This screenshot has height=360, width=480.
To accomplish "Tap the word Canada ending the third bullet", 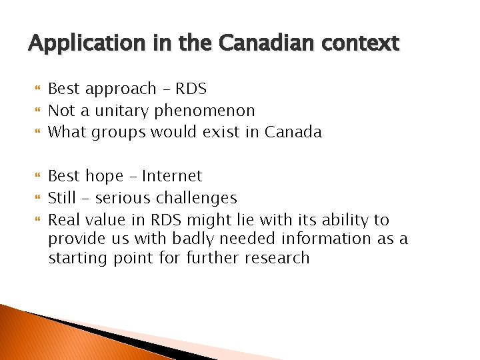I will pos(293,132).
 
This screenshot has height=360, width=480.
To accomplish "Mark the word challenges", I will pos(196,198).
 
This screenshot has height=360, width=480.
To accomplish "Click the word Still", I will pos(62,198).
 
